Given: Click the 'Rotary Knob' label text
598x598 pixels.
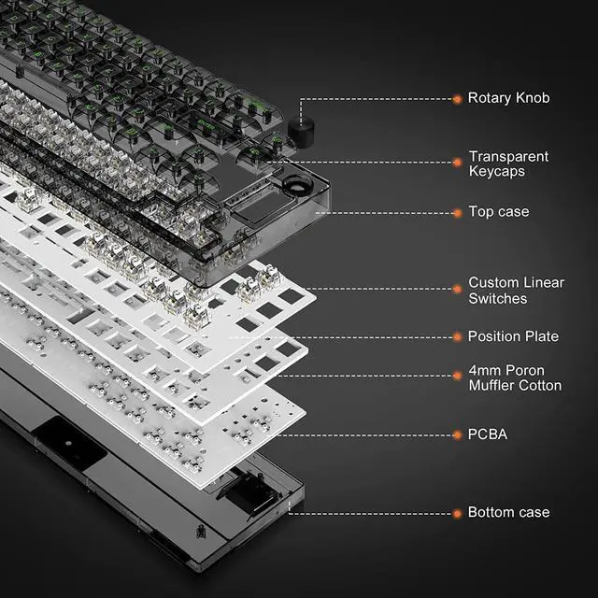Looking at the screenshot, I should click(x=508, y=98).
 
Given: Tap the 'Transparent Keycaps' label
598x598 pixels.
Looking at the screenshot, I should click(x=508, y=164).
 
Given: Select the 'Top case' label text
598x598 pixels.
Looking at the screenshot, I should click(x=498, y=212).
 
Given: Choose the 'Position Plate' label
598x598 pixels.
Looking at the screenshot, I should click(x=513, y=336).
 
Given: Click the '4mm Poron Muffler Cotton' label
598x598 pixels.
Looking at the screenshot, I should click(x=515, y=377).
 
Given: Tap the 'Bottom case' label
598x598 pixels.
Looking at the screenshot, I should click(x=508, y=513).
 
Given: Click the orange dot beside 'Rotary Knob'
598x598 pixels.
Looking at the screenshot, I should click(x=458, y=98).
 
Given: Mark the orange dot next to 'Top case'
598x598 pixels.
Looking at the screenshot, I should click(x=458, y=212).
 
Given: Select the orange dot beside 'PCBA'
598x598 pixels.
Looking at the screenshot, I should click(x=458, y=434).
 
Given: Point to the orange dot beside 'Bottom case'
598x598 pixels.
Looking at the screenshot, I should click(x=458, y=513).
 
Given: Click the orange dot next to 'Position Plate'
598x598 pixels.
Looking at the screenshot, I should click(x=458, y=336).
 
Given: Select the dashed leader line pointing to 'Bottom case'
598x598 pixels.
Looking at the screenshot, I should click(x=374, y=513).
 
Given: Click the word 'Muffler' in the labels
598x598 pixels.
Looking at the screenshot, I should click(x=493, y=385).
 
